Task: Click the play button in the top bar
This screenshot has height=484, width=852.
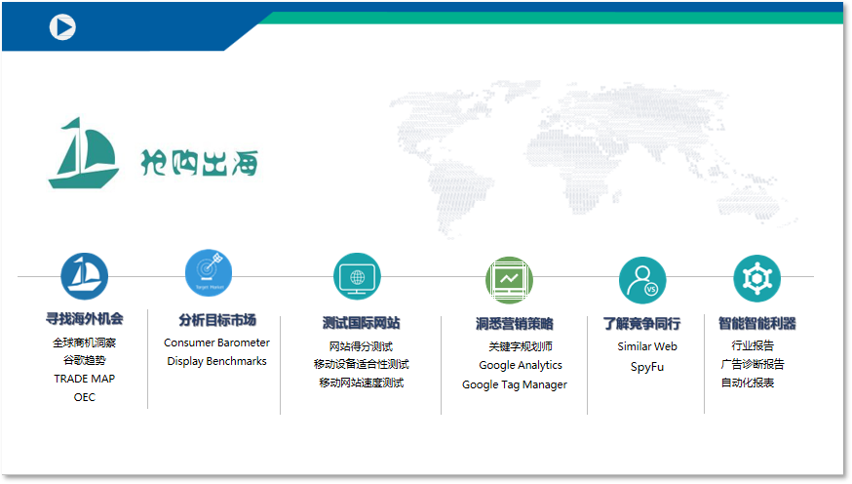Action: pos(62,27)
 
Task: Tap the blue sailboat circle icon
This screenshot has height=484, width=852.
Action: pos(85,276)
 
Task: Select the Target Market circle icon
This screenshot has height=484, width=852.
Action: pos(209,273)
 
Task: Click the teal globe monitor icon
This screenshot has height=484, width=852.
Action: pos(357,277)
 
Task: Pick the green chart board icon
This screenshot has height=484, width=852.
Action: pos(509,279)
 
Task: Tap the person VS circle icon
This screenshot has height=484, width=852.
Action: pos(642,280)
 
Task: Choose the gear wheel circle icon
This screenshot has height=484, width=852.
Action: pos(756,278)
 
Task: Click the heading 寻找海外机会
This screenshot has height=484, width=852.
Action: pos(85,318)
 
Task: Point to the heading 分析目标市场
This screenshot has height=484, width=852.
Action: pos(216,320)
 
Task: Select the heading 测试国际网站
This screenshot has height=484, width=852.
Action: pos(361,323)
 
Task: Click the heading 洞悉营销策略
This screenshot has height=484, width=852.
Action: pos(514,323)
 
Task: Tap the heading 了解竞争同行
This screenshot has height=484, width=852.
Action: pos(641,323)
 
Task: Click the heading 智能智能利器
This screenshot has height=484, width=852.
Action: pos(756,323)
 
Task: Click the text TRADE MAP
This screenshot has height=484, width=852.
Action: pos(84,379)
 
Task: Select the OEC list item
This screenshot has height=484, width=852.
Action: pos(85,397)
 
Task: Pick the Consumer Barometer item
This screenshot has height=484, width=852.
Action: pos(216,343)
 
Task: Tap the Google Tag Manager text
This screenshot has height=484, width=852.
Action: pos(514,384)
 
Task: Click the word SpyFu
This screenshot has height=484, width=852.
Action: pos(646,367)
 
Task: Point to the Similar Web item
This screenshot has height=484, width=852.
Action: pos(646,346)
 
